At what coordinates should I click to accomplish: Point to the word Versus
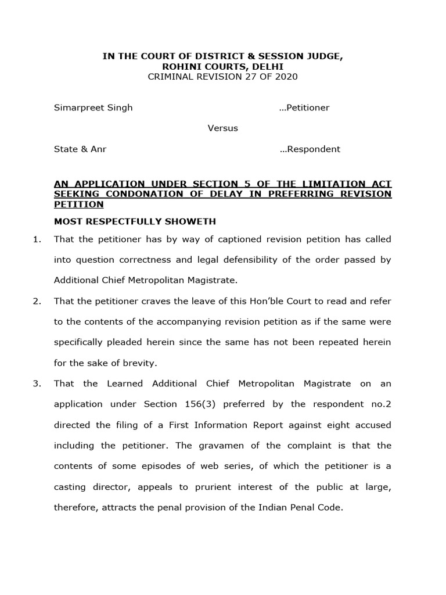tap(223, 128)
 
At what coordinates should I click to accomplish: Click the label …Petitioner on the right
tap(304, 107)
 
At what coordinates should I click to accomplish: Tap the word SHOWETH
tap(192, 221)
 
